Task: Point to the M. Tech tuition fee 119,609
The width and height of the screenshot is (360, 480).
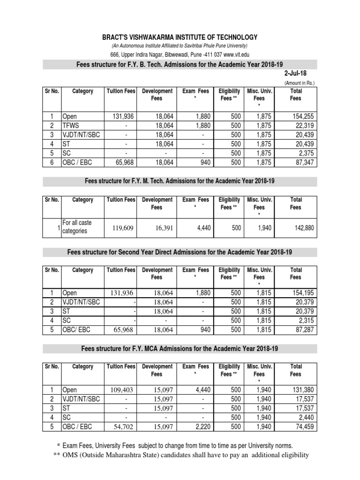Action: point(124,228)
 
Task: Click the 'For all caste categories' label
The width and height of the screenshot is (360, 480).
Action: point(78,227)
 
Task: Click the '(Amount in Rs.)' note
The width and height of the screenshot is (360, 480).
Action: point(300,83)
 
